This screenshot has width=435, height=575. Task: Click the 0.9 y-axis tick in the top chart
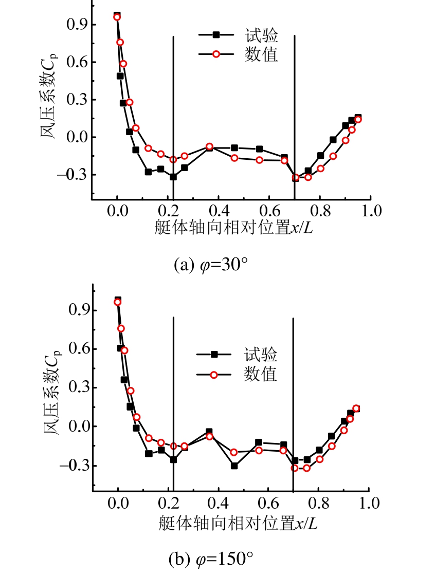(76, 25)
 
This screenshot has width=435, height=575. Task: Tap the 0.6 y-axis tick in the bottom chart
(76, 349)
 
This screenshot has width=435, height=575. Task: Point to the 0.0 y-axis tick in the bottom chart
(76, 426)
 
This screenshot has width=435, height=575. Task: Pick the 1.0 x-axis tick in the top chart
(370, 210)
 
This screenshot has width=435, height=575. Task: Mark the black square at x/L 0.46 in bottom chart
(234, 466)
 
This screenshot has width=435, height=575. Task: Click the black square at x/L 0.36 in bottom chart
(209, 432)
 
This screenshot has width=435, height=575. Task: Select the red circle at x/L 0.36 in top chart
(209, 146)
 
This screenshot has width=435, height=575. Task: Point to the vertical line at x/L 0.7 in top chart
(295, 103)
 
